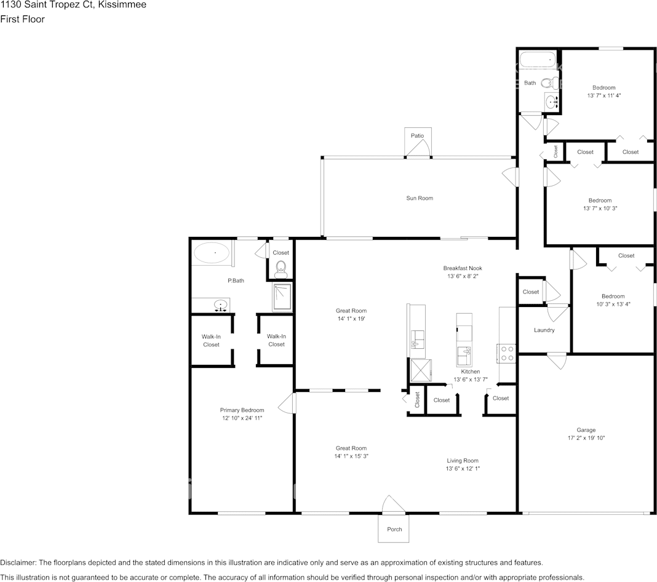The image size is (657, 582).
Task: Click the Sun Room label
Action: tap(419, 198)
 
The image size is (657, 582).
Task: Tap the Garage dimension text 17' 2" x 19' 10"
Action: tap(586, 438)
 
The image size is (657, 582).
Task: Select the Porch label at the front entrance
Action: tap(394, 529)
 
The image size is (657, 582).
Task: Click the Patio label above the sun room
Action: tap(417, 136)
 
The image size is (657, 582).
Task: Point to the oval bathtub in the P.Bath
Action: tap(212, 253)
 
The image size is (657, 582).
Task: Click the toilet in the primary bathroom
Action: tap(281, 267)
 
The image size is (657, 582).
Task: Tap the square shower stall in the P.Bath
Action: tap(282, 297)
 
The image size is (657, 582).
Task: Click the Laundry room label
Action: tap(544, 330)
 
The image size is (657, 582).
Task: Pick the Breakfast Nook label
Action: tap(463, 268)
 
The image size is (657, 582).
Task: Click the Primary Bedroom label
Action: tap(242, 410)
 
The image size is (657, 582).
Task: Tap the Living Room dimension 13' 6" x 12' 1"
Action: tap(462, 469)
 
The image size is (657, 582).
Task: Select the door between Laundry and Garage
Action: tap(557, 359)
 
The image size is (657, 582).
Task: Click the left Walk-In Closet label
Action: tap(211, 340)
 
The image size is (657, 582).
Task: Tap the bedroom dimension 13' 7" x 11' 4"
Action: tap(603, 95)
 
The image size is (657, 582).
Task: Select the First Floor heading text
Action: tap(22, 19)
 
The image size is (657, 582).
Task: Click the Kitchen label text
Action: tap(471, 372)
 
